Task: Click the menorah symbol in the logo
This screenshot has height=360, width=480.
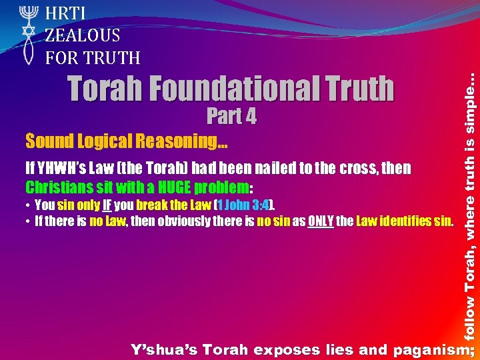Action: point(27,13)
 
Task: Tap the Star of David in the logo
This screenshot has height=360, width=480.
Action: point(27,31)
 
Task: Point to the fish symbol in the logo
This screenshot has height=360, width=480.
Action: point(27,52)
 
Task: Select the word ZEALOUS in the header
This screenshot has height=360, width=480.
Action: point(83,35)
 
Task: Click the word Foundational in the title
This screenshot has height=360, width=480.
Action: point(219,89)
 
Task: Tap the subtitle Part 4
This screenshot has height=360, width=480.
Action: point(231,117)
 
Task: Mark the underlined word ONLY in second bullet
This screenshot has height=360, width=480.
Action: point(321,221)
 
